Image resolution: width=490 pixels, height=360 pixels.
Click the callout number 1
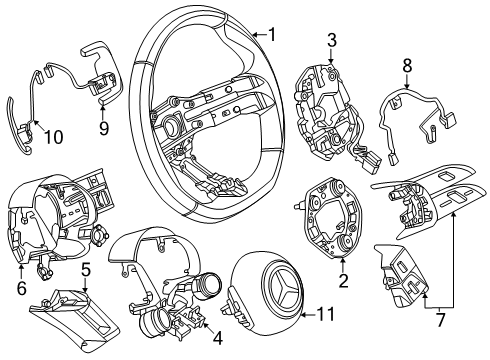pyautogui.click(x=272, y=35)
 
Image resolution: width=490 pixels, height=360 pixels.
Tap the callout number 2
pyautogui.click(x=343, y=281)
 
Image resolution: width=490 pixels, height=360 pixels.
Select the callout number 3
pyautogui.click(x=331, y=40)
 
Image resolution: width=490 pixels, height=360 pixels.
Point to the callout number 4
pyautogui.click(x=217, y=338)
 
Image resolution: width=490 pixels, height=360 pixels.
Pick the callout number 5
pyautogui.click(x=86, y=270)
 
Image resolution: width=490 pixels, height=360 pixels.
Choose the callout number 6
pyautogui.click(x=21, y=288)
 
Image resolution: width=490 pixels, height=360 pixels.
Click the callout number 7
pyautogui.click(x=440, y=319)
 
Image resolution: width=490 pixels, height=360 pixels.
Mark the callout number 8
pyautogui.click(x=407, y=65)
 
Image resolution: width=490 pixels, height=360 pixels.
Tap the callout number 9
pyautogui.click(x=104, y=128)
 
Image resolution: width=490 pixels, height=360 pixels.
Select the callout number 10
pyautogui.click(x=53, y=137)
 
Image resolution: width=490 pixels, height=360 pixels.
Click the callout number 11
pyautogui.click(x=325, y=314)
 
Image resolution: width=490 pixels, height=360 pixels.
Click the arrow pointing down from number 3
pyautogui.click(x=331, y=56)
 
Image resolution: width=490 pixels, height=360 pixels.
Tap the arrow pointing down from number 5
pyautogui.click(x=85, y=286)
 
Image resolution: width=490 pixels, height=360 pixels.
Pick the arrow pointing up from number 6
pyautogui.click(x=21, y=272)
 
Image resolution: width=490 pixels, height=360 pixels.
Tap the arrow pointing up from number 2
pyautogui.click(x=343, y=265)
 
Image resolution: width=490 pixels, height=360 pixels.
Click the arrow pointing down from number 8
pyautogui.click(x=407, y=81)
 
